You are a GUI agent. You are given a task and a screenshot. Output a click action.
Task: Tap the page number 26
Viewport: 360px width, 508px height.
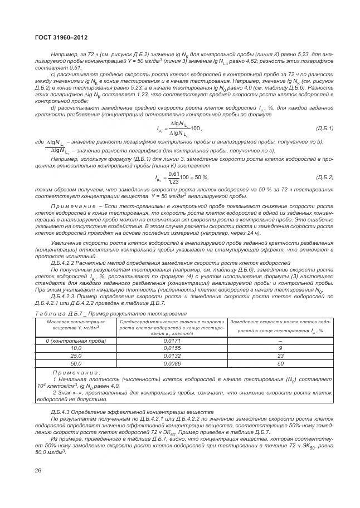point(38,471)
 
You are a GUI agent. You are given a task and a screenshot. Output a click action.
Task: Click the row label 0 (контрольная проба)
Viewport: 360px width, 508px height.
point(75,339)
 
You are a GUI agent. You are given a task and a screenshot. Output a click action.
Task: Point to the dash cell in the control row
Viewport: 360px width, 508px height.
point(280,339)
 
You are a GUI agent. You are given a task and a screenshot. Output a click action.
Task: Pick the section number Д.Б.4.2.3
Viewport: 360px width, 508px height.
point(66,297)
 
